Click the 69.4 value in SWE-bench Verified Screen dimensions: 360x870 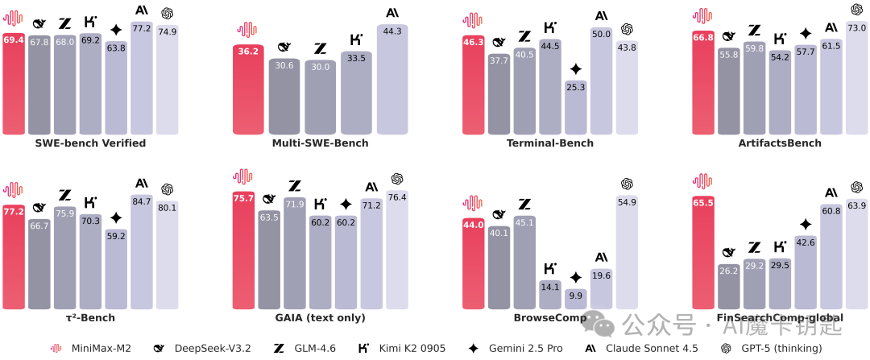click(x=13, y=39)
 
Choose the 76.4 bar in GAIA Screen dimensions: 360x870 click(x=397, y=250)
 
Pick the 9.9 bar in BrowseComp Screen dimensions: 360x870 click(x=575, y=300)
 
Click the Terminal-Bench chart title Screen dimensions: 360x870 click(x=549, y=143)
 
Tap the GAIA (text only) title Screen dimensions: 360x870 click(x=320, y=318)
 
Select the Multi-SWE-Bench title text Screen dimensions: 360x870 click(x=320, y=143)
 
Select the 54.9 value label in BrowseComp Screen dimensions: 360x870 click(x=627, y=202)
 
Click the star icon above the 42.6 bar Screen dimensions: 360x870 click(x=806, y=224)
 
